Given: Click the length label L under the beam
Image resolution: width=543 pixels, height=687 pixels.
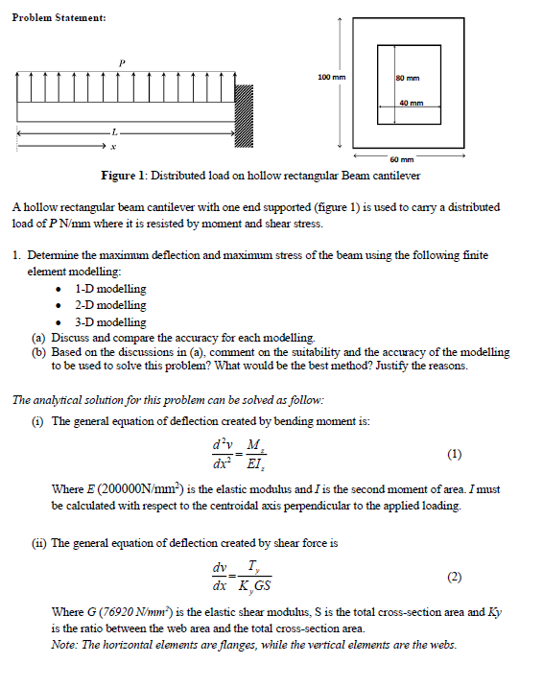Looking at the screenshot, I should coord(114,130).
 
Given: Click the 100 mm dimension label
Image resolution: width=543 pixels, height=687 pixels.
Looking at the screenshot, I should coord(330,76).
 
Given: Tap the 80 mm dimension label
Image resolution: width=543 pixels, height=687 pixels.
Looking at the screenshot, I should coord(410,79).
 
